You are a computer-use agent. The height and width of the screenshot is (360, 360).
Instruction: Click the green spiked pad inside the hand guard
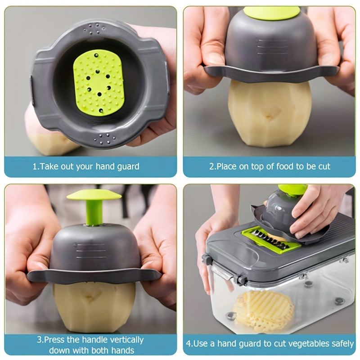[99, 82]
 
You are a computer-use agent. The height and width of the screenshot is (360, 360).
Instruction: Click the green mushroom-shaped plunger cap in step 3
[94, 194]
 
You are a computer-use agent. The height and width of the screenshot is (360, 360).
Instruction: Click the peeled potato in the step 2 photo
[270, 113]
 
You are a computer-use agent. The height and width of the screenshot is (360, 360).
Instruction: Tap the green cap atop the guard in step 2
[272, 13]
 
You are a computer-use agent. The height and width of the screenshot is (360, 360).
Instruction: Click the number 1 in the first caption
[35, 166]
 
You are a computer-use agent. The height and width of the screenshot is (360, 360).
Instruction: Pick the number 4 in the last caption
[189, 344]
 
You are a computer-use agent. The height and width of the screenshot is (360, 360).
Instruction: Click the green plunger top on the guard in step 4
[292, 189]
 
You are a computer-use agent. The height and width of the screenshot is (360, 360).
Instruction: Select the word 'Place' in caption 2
[227, 166]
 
